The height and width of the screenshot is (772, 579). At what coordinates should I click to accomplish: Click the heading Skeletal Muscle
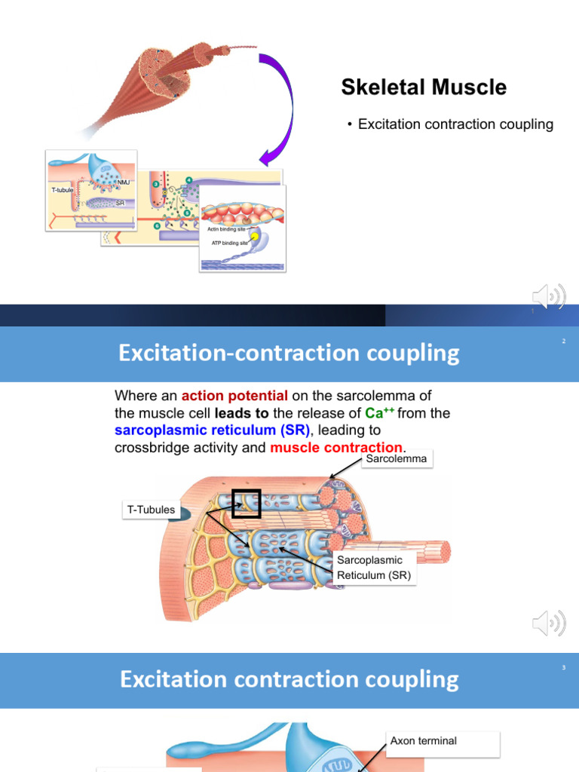[424, 87]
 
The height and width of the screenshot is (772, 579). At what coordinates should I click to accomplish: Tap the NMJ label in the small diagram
[124, 182]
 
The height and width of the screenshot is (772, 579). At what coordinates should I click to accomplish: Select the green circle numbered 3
[156, 184]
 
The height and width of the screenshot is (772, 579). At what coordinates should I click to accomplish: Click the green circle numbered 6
[157, 225]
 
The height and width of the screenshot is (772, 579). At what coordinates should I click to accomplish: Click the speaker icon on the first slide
[548, 296]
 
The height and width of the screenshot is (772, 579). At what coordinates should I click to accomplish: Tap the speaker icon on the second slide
[548, 623]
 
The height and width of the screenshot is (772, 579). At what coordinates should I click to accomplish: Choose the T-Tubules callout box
[151, 510]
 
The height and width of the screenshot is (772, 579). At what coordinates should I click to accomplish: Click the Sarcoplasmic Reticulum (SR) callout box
[370, 568]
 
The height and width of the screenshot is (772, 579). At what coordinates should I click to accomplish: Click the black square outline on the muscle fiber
[246, 504]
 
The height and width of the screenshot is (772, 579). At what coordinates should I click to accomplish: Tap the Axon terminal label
[423, 740]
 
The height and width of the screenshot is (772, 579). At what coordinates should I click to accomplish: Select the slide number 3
[563, 668]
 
